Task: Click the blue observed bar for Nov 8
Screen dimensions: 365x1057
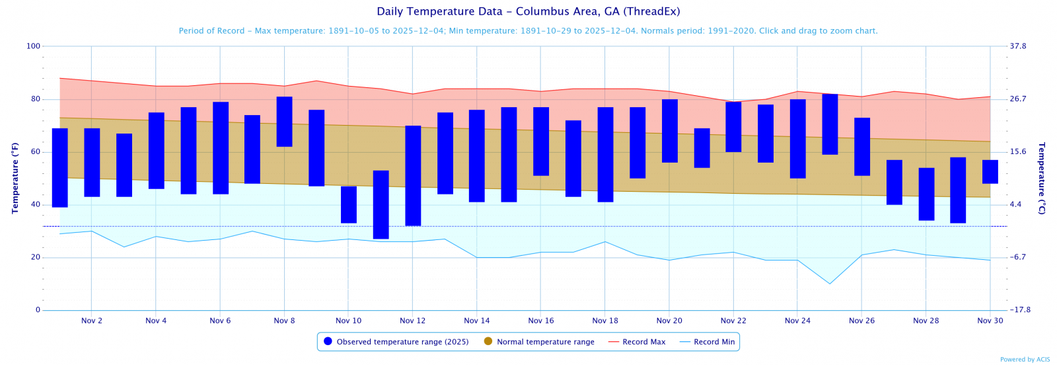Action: click(x=284, y=122)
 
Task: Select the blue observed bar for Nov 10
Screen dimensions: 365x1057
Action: click(x=348, y=205)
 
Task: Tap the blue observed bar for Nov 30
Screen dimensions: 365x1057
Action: click(x=990, y=172)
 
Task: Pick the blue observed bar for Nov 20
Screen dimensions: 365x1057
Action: click(x=669, y=131)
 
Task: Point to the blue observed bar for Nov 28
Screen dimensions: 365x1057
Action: click(x=926, y=194)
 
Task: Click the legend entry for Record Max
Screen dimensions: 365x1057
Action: click(x=637, y=342)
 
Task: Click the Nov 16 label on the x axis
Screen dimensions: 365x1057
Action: click(x=541, y=321)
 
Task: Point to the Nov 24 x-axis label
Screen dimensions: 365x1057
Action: click(x=797, y=321)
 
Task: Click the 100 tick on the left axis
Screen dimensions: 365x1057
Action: click(x=33, y=46)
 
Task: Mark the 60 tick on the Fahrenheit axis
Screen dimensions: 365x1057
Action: click(x=36, y=152)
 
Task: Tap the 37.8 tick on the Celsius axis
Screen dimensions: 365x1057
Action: click(x=1017, y=46)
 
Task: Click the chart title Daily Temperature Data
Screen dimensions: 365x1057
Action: click(x=528, y=12)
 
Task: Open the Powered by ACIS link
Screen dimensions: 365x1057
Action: click(x=1025, y=360)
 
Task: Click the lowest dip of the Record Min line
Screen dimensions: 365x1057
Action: click(x=830, y=284)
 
